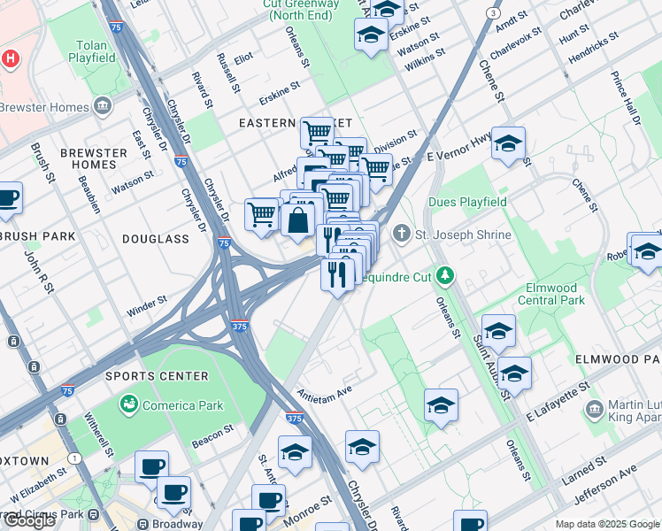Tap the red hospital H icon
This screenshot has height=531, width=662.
coord(10,59)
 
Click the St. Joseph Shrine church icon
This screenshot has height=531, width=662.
coord(402,235)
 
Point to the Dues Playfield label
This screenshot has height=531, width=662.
coord(467,203)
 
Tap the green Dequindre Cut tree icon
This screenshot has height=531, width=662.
coord(444,275)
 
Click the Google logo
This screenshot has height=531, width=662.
coord(29,519)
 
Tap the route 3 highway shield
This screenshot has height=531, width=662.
coord(493,12)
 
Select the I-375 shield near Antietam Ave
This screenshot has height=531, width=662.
coord(296,417)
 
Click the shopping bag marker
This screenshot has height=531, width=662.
coord(298,219)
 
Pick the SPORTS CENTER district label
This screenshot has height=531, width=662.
coord(158,376)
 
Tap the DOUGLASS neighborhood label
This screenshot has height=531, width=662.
coord(156,239)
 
